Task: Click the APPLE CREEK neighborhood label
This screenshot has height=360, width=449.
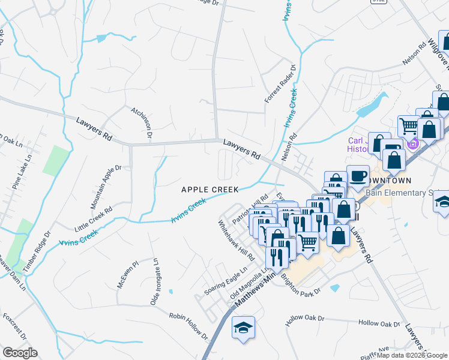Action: tap(210, 189)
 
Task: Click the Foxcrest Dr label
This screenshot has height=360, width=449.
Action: tap(14, 323)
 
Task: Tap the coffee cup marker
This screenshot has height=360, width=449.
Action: tap(358, 175)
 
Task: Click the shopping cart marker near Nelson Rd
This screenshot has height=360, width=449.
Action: tap(408, 126)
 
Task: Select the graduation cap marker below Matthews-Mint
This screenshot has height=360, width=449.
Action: tap(243, 328)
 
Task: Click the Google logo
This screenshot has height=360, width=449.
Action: tap(20, 353)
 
